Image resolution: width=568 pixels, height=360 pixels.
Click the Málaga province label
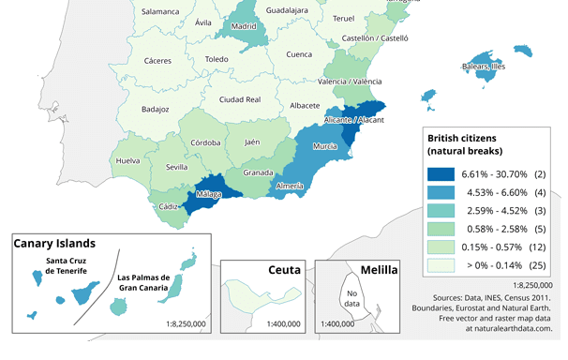tap(208, 194)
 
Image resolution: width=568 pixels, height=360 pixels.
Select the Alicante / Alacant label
tap(353, 121)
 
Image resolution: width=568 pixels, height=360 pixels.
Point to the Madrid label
tap(244, 27)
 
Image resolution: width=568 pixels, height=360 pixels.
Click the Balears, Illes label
tap(483, 67)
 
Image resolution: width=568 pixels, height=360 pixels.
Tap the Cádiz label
tap(170, 206)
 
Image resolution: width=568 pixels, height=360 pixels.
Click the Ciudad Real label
tap(239, 99)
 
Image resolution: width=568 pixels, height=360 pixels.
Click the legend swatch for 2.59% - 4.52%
tap(441, 211)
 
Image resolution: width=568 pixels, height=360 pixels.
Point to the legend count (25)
tap(538, 265)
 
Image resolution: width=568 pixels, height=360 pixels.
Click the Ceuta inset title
tap(283, 270)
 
